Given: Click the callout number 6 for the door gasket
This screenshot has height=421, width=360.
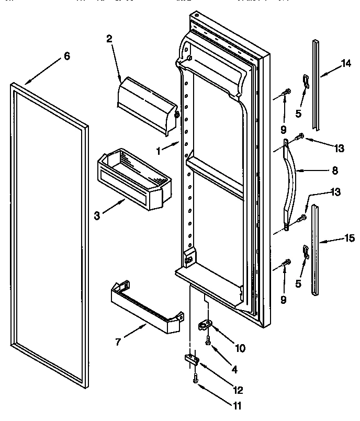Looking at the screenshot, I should [66, 56].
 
